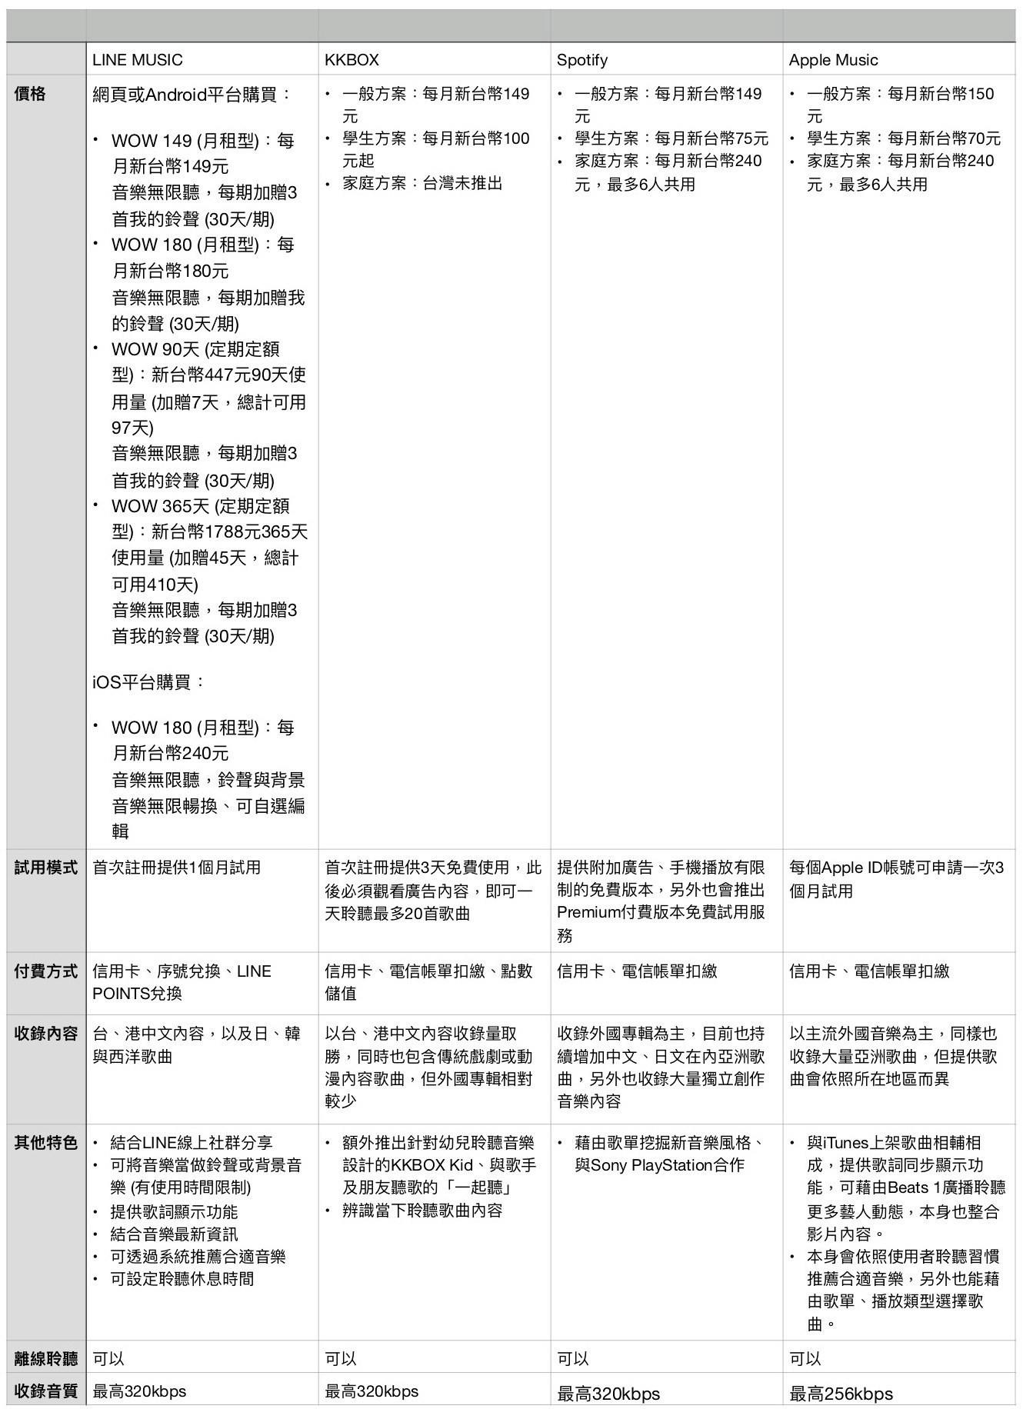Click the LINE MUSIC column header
[138, 60]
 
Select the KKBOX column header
[352, 60]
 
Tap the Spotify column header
[582, 60]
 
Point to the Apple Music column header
[833, 60]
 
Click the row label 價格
[30, 94]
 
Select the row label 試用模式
[46, 868]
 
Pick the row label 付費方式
[46, 971]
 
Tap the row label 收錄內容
[46, 1034]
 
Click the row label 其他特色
[46, 1143]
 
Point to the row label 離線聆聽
[46, 1359]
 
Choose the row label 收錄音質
[46, 1391]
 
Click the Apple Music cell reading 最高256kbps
[841, 1394]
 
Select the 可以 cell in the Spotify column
[573, 1359]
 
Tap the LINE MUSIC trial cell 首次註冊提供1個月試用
[177, 868]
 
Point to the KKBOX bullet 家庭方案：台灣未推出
[422, 184]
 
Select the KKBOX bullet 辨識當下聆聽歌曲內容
[422, 1211]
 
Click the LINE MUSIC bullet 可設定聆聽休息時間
[182, 1279]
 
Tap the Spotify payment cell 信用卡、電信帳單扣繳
[637, 971]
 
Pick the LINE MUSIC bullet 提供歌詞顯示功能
[174, 1212]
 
